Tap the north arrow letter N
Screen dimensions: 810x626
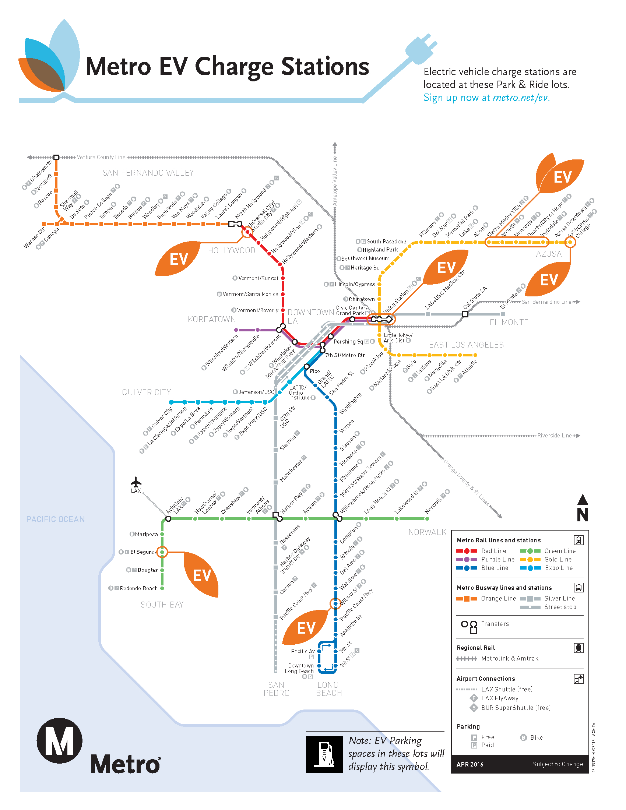coord(583,514)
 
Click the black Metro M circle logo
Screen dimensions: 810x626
coord(59,740)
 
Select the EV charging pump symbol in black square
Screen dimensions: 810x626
coord(324,754)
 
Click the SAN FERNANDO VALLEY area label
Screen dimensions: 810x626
coord(148,173)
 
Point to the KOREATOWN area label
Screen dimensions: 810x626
coord(212,319)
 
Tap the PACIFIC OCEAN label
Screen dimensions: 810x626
coord(56,519)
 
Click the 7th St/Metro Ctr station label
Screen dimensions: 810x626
coord(345,355)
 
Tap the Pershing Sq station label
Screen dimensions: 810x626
coord(348,342)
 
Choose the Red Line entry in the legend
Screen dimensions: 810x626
coord(493,551)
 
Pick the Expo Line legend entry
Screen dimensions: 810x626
coord(558,568)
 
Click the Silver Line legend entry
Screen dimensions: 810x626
coord(559,598)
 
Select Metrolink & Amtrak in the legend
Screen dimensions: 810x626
coord(510,658)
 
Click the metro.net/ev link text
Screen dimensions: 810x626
coord(521,98)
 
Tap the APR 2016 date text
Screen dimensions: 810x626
coord(470,764)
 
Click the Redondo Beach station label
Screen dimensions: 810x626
coord(139,588)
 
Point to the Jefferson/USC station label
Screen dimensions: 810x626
coord(256,392)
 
